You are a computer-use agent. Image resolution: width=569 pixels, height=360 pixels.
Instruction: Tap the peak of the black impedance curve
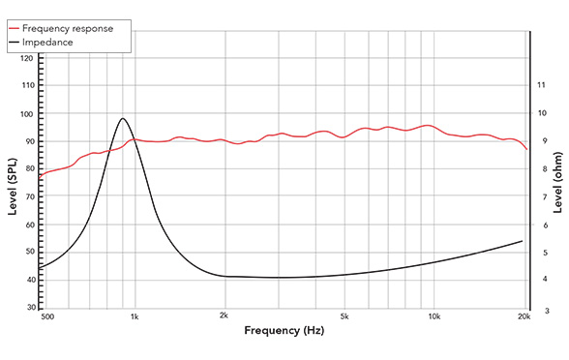click(x=123, y=118)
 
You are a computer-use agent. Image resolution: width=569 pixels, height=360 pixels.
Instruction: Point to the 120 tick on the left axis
click(x=27, y=58)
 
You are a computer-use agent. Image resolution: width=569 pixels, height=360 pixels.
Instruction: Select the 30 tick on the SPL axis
click(x=30, y=307)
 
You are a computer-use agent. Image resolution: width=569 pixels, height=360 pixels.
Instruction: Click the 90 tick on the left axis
click(x=30, y=141)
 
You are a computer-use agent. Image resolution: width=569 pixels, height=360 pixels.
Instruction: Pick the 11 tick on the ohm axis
click(x=541, y=85)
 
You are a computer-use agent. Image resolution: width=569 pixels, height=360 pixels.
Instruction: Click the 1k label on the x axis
click(x=135, y=317)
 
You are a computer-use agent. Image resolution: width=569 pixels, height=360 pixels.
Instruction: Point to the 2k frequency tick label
click(x=225, y=317)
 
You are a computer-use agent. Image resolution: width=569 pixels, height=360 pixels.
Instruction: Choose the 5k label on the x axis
click(x=344, y=317)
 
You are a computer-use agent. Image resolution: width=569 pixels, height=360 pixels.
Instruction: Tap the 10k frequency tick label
click(x=434, y=317)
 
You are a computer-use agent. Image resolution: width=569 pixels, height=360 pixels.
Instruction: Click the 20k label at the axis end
click(x=524, y=317)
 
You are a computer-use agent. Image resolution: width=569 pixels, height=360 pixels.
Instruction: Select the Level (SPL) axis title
click(x=13, y=184)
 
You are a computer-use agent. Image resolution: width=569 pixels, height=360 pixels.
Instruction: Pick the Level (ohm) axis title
click(x=558, y=184)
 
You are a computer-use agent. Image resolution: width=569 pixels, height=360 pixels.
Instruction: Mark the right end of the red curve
click(x=526, y=149)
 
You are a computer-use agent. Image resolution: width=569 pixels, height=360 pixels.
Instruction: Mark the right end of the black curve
click(x=523, y=241)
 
